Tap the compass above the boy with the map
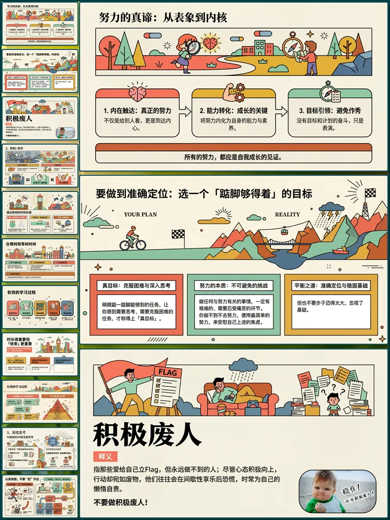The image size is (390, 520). click(x=293, y=43)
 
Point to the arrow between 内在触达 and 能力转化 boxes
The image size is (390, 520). click(x=185, y=111)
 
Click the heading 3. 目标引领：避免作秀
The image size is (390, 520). click(x=330, y=111)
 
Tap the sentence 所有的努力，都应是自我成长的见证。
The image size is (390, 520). click(x=233, y=157)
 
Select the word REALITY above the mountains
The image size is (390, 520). click(x=287, y=214)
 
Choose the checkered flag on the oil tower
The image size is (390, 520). click(x=370, y=192)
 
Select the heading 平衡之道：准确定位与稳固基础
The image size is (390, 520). click(x=334, y=285)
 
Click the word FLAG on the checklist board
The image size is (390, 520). click(x=167, y=372)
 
